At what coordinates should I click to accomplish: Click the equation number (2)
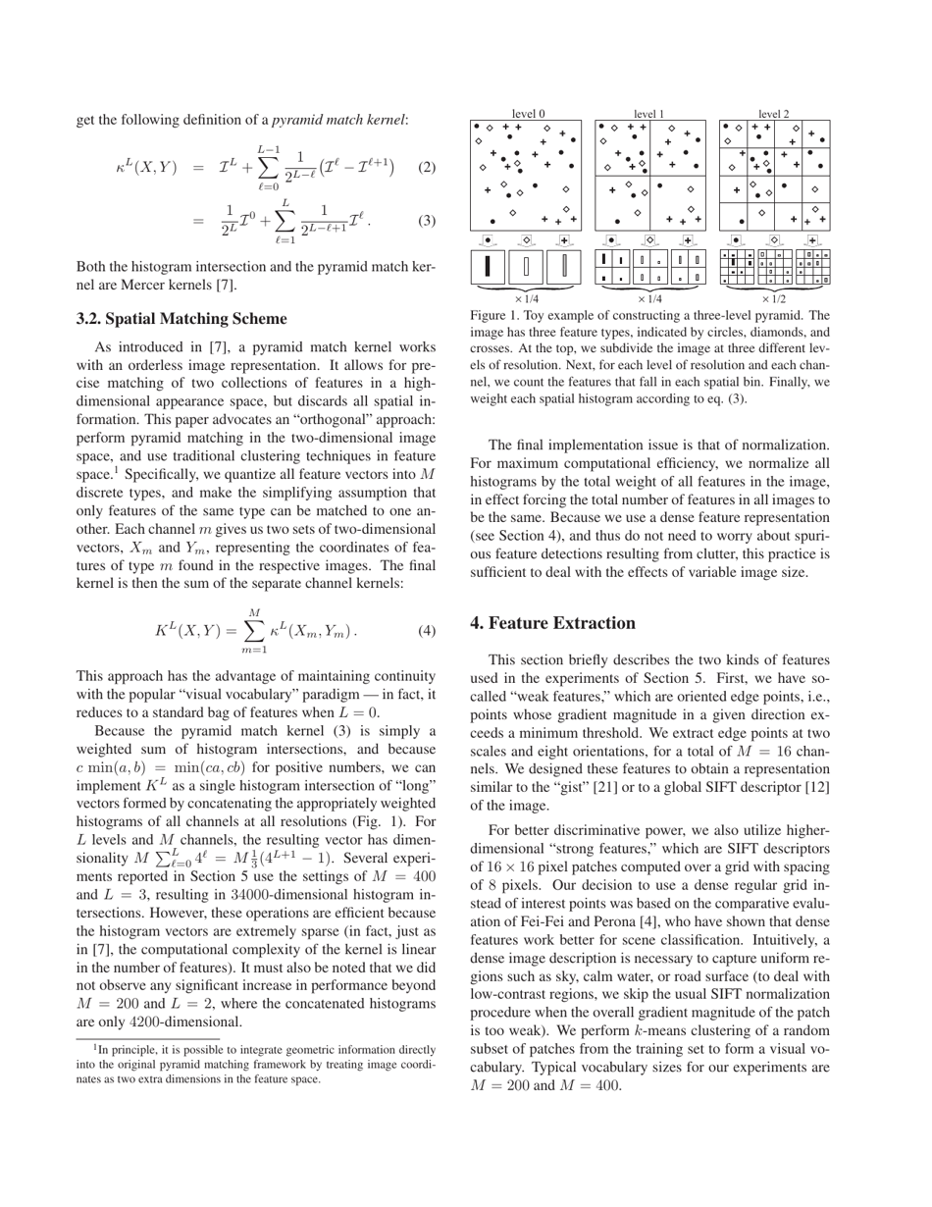click(x=426, y=167)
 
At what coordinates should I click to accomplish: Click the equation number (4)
click(x=426, y=631)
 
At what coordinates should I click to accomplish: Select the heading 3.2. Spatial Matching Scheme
click(x=181, y=318)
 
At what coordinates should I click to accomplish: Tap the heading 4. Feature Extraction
click(x=553, y=623)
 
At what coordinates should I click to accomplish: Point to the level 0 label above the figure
click(x=529, y=114)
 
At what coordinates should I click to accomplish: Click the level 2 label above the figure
click(x=774, y=114)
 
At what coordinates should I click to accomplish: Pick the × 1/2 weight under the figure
click(x=774, y=298)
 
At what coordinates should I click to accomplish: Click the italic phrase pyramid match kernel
click(x=338, y=121)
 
